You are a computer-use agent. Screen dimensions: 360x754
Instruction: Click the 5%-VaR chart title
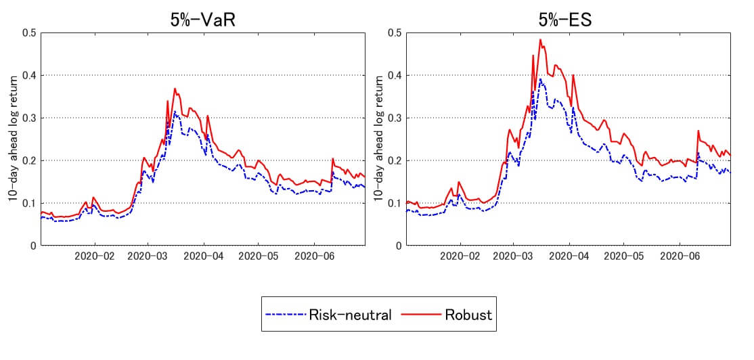[x=202, y=20]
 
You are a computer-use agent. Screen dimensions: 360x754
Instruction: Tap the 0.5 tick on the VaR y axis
[x=29, y=32]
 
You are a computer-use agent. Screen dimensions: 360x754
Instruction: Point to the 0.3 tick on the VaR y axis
[x=29, y=118]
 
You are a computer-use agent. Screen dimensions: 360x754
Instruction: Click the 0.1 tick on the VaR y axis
[x=29, y=203]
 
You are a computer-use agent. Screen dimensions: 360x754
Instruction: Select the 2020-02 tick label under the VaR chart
[x=95, y=257]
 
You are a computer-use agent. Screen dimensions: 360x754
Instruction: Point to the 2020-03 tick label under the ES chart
[x=513, y=257]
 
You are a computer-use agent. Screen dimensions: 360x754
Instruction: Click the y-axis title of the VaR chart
[x=12, y=139]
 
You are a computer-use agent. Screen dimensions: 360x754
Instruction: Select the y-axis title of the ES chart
[x=379, y=139]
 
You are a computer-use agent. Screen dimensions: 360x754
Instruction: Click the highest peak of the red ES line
[x=540, y=39]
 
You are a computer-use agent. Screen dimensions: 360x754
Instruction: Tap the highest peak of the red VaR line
[x=175, y=89]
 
